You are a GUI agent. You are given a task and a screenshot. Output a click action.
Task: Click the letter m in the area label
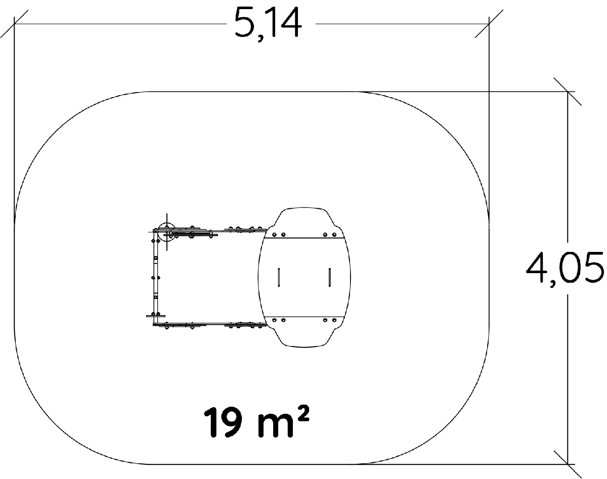(275, 426)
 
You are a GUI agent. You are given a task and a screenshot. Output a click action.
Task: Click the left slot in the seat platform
(279, 277)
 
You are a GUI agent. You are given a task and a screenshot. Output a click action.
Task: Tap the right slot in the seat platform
(329, 277)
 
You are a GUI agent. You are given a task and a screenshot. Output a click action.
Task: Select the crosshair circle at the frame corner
(166, 232)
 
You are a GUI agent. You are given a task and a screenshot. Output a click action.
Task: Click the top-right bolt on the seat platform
(334, 235)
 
